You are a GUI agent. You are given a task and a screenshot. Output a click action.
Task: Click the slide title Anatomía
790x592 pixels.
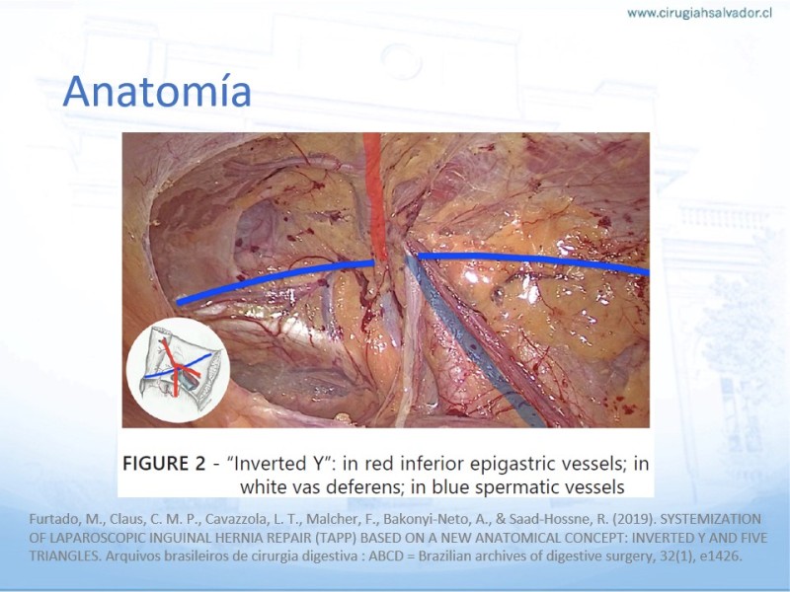coord(157,91)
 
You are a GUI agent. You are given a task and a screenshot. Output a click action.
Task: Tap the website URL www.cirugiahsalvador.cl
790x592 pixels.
coord(699,13)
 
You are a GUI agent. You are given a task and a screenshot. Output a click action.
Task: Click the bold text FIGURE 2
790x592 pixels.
coord(164,463)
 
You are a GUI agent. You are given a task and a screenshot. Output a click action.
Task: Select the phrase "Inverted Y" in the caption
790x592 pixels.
coord(278,463)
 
